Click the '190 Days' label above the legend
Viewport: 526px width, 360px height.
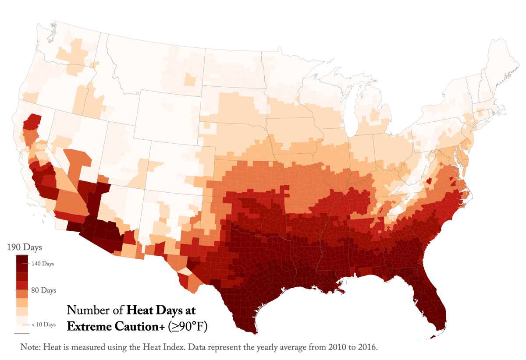tap(24, 247)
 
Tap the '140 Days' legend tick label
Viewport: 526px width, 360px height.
tap(43, 264)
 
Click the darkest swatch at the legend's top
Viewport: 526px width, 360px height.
tap(22, 263)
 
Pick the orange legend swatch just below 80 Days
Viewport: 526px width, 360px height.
tap(22, 294)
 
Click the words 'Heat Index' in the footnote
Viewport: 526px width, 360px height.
tap(184, 347)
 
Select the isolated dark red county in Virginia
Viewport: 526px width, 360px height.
tap(429, 181)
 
